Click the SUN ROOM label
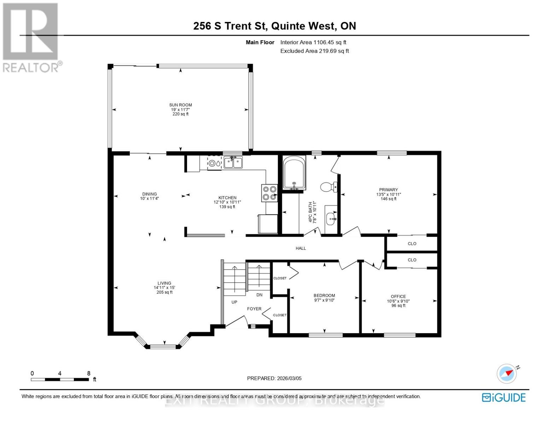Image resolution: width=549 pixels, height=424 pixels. [x=180, y=105]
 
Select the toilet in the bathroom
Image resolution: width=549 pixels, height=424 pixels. [x=328, y=187]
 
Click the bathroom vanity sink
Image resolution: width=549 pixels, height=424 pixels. [x=331, y=219]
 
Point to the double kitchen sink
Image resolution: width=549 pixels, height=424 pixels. [x=233, y=163]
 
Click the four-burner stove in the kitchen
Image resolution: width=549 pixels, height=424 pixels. [x=269, y=193]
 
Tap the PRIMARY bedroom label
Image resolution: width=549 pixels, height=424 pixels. [x=388, y=190]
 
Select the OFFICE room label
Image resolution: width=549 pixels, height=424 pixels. [x=398, y=296]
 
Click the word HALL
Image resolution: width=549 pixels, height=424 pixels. [x=301, y=248]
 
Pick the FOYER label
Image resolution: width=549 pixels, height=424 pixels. [x=254, y=309]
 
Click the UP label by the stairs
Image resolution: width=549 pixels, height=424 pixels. [x=234, y=302]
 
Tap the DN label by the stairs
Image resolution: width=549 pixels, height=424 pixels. [x=259, y=295]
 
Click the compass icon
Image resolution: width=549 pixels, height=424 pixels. [x=507, y=373]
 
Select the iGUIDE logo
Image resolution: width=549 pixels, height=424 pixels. [x=504, y=397]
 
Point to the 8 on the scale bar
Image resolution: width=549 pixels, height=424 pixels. [x=88, y=373]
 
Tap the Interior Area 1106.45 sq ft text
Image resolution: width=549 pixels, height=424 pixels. [x=313, y=42]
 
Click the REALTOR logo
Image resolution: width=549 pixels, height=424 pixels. [x=31, y=37]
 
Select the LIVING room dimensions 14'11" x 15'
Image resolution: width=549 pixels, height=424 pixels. [x=164, y=288]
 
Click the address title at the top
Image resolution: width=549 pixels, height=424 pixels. [x=274, y=26]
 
